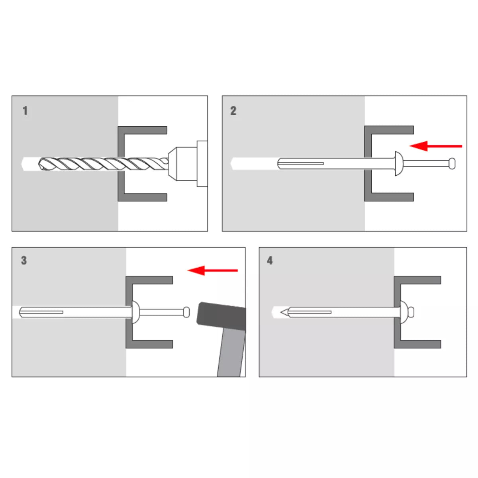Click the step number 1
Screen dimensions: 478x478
point(25,111)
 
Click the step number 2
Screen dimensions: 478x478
point(233,111)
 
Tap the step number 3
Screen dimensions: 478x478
point(24,261)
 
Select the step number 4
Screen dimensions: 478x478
point(270,261)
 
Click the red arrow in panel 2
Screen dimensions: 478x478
point(436,146)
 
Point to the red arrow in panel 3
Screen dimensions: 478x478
point(213,270)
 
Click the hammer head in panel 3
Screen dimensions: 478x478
point(221,316)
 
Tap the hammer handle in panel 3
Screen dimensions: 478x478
point(231,353)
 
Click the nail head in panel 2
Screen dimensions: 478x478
point(452,164)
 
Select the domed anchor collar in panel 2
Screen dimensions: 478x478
point(399,164)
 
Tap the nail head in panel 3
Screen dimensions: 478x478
point(186,312)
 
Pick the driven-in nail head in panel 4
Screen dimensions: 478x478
point(411,312)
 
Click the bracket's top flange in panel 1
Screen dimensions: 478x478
point(143,130)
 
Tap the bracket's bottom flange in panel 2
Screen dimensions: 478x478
point(389,197)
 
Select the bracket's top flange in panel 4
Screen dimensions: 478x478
point(417,280)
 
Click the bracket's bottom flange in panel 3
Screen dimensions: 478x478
point(149,344)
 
